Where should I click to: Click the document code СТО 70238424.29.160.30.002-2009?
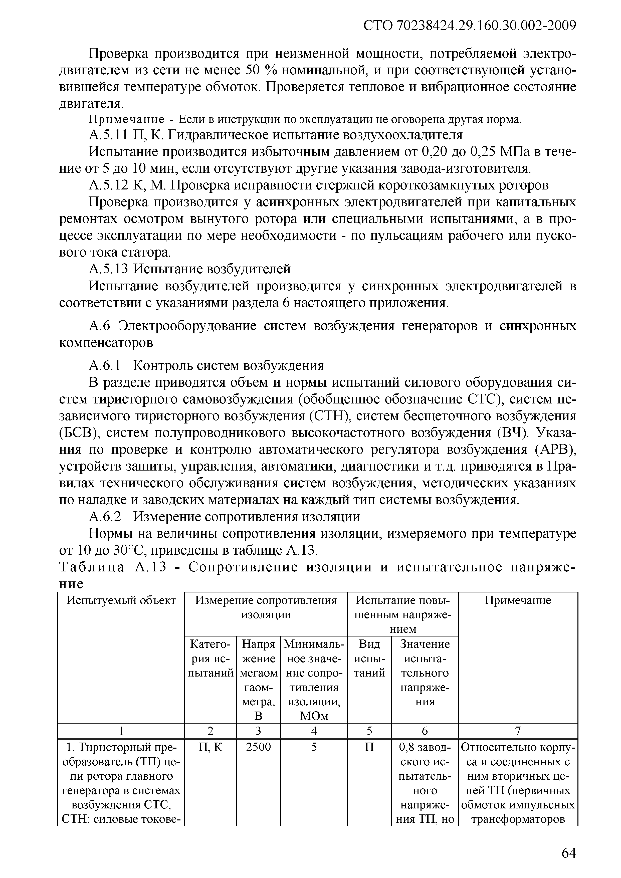point(470,26)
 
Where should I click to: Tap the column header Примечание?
point(518,600)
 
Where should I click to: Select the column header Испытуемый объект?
point(121,600)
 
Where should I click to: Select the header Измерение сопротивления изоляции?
point(266,608)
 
